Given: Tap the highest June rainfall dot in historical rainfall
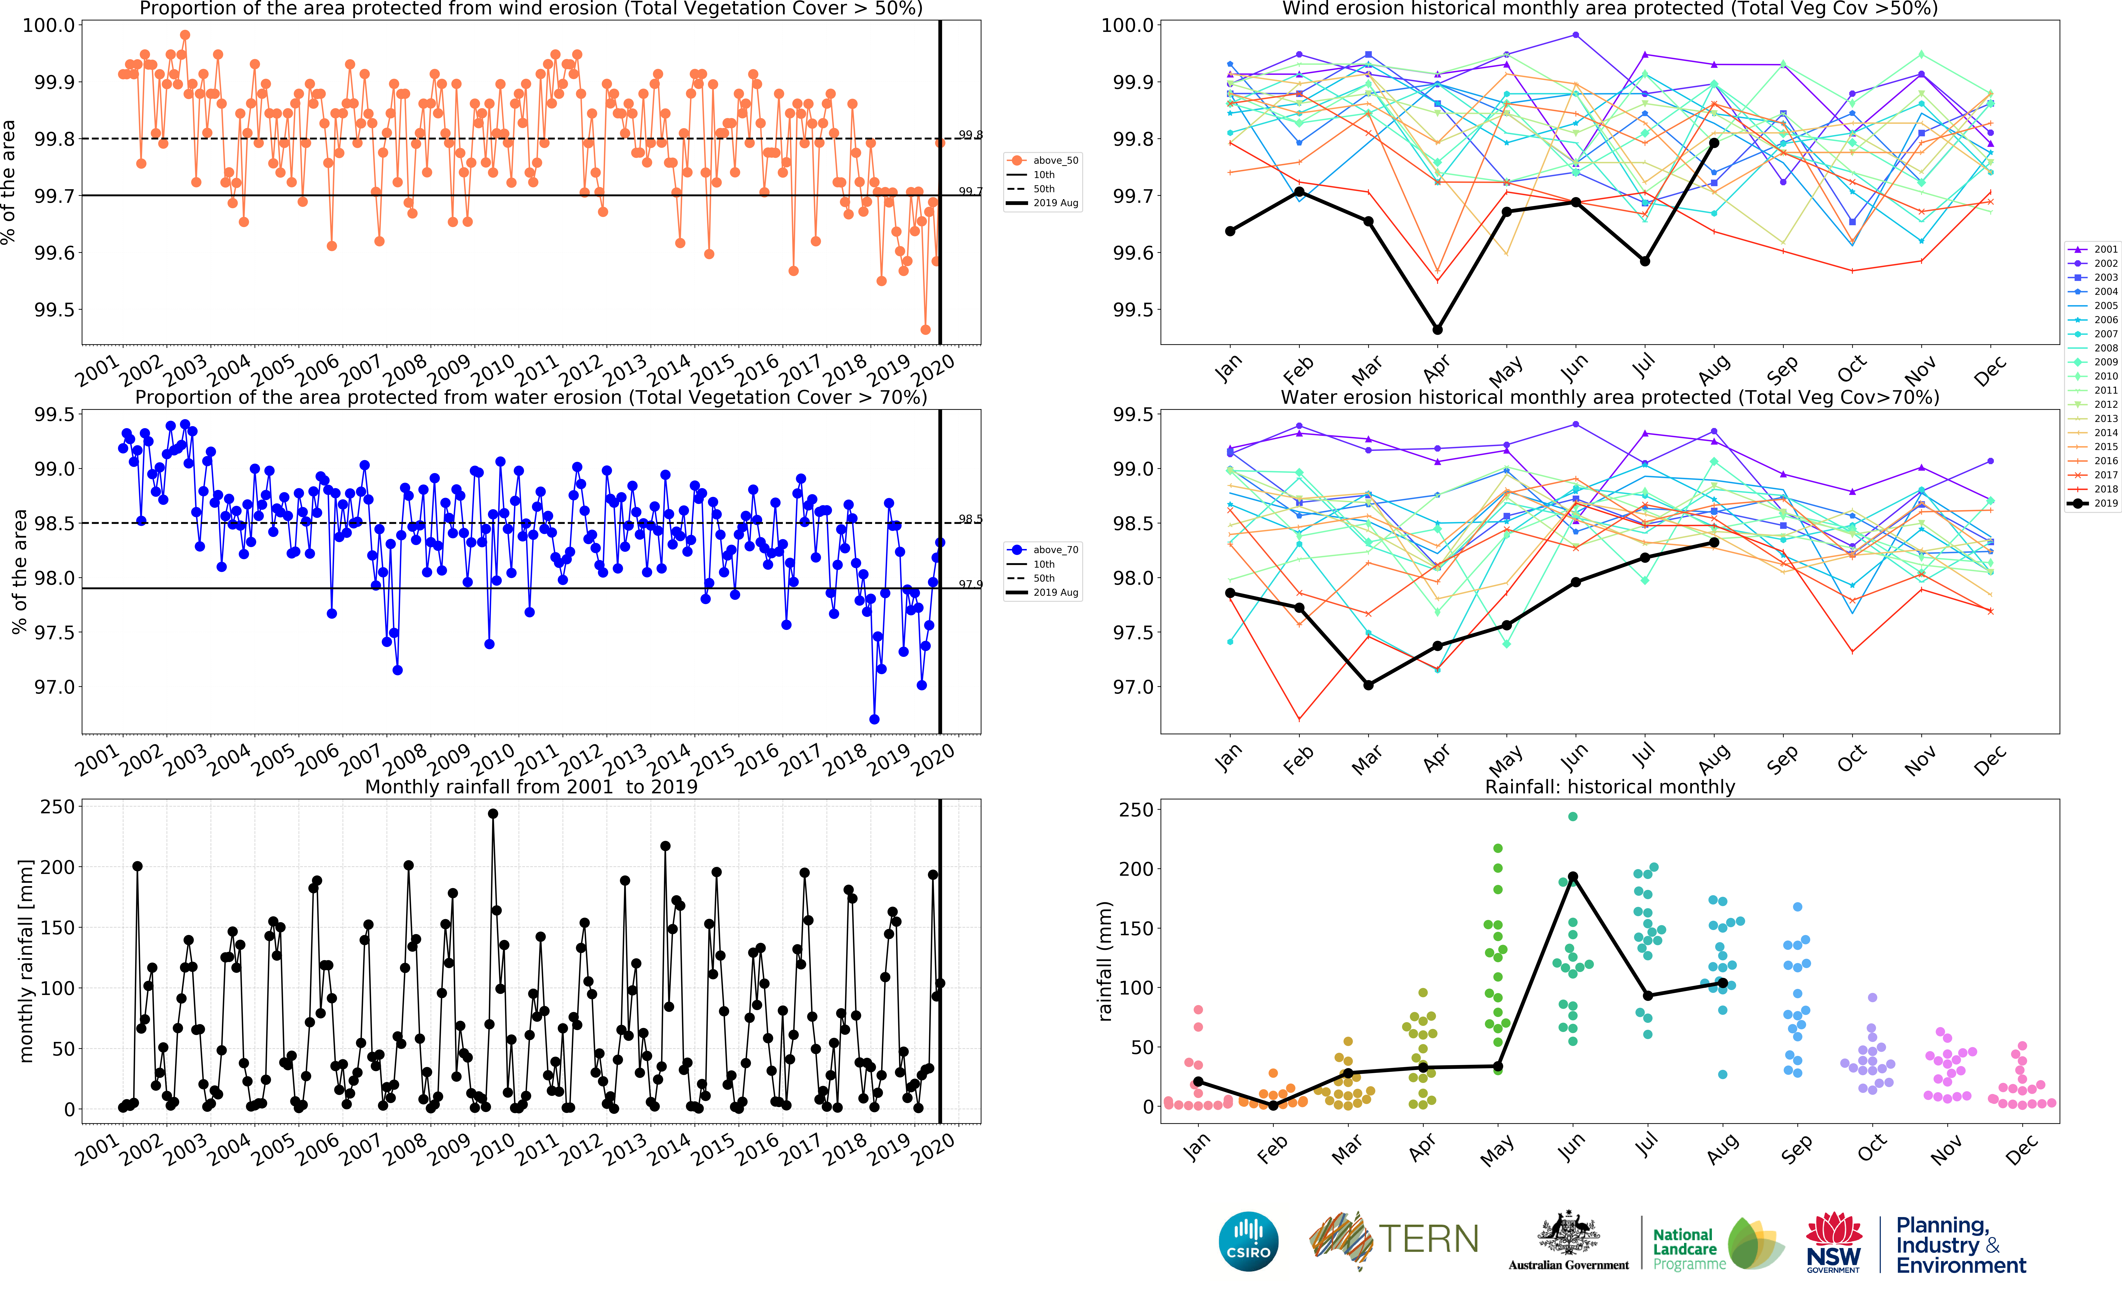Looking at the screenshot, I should click(1572, 816).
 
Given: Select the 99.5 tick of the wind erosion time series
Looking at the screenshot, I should click(53, 310).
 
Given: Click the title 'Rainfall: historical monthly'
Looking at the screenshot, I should click(1610, 786).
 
